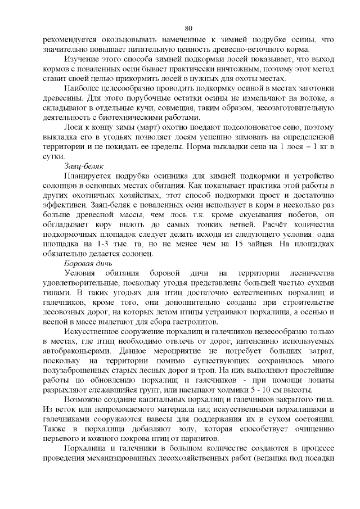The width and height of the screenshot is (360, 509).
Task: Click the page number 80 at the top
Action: click(188, 29)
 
